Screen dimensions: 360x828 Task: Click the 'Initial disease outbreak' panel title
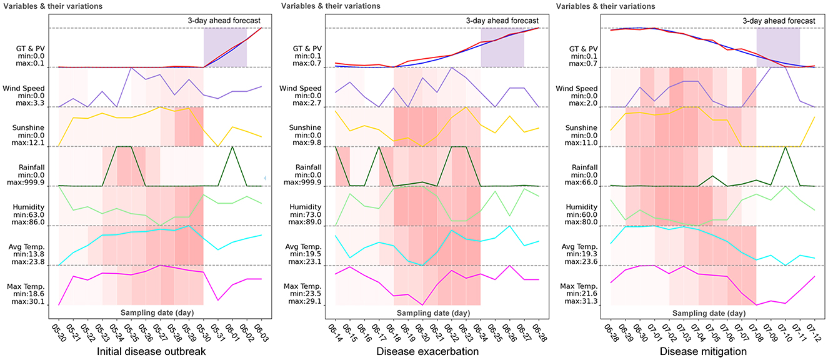click(x=152, y=352)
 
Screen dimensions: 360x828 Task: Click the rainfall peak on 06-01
click(x=232, y=147)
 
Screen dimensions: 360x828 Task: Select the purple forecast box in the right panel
click(x=778, y=47)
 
